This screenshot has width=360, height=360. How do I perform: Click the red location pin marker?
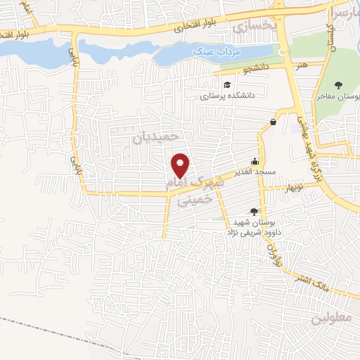pyautogui.click(x=181, y=165)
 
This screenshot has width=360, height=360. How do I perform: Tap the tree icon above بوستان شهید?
pyautogui.click(x=254, y=211)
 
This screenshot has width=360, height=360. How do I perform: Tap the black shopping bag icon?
pyautogui.click(x=273, y=122)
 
